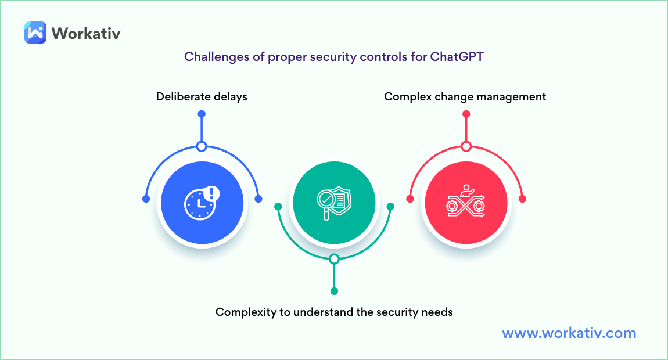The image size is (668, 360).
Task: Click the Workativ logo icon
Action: [35, 33]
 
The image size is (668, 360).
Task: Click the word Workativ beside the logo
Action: [86, 33]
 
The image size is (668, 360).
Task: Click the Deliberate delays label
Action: [202, 96]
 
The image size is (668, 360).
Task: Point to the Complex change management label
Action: [465, 96]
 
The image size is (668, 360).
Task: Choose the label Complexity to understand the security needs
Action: [334, 312]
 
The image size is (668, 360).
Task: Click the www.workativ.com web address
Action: [569, 333]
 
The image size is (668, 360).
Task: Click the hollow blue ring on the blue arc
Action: [202, 146]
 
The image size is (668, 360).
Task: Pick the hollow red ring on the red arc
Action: [465, 146]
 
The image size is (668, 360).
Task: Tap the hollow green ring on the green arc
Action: [334, 259]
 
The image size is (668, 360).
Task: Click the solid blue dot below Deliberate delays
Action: [202, 114]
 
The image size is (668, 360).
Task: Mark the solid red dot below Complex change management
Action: [465, 114]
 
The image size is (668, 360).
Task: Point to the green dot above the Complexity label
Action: [334, 291]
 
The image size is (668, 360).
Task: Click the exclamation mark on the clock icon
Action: [212, 193]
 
